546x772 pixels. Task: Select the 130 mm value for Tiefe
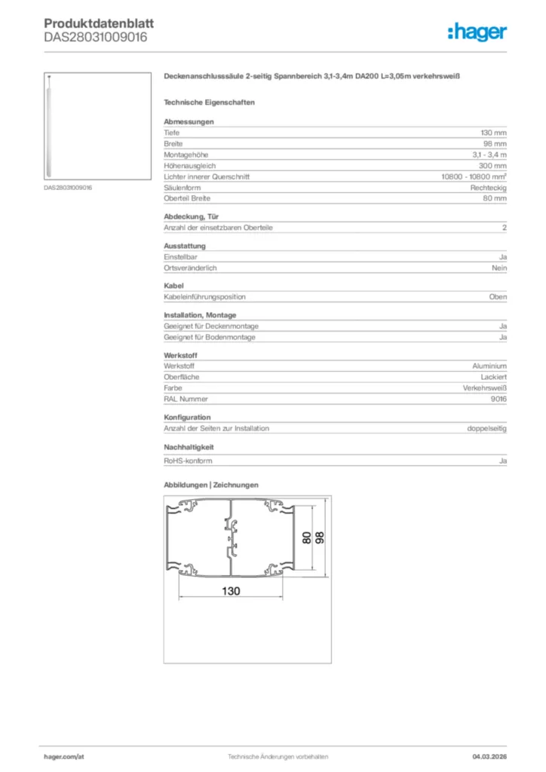(494, 133)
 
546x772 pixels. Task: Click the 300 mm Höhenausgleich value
(493, 165)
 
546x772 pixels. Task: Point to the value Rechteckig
(489, 187)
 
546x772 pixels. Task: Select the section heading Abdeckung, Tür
(192, 216)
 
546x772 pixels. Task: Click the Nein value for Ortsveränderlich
(499, 268)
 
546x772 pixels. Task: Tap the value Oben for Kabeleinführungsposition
(498, 297)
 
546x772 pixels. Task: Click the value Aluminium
(489, 366)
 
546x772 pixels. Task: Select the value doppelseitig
(487, 428)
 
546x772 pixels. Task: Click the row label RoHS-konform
(188, 461)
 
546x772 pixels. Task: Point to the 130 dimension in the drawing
(231, 591)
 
